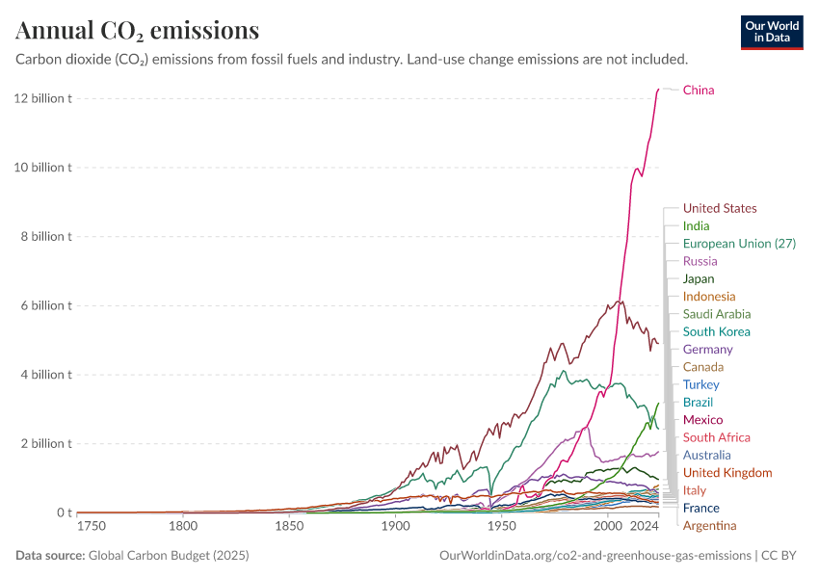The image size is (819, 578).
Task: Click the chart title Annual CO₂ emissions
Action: [x=138, y=31]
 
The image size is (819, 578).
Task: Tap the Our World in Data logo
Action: [x=772, y=32]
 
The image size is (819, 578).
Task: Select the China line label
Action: [x=699, y=91]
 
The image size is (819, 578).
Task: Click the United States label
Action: [x=720, y=208]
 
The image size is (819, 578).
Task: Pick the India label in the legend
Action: [x=696, y=226]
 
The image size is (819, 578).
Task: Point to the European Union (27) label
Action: [x=739, y=244]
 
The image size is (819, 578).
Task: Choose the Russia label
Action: [x=700, y=261]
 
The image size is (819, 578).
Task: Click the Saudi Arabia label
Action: [x=717, y=314]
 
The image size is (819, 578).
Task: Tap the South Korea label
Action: [x=716, y=331]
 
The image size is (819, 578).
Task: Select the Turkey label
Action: [x=700, y=384]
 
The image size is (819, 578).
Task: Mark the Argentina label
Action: [x=709, y=525]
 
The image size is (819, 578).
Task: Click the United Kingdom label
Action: [x=727, y=472]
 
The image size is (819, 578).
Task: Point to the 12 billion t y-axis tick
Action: [x=42, y=98]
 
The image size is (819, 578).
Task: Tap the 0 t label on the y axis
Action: [x=63, y=512]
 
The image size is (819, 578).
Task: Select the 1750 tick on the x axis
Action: [x=92, y=526]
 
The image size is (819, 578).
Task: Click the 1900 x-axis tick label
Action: [x=395, y=526]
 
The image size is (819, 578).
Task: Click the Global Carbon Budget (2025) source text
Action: [x=162, y=556]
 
